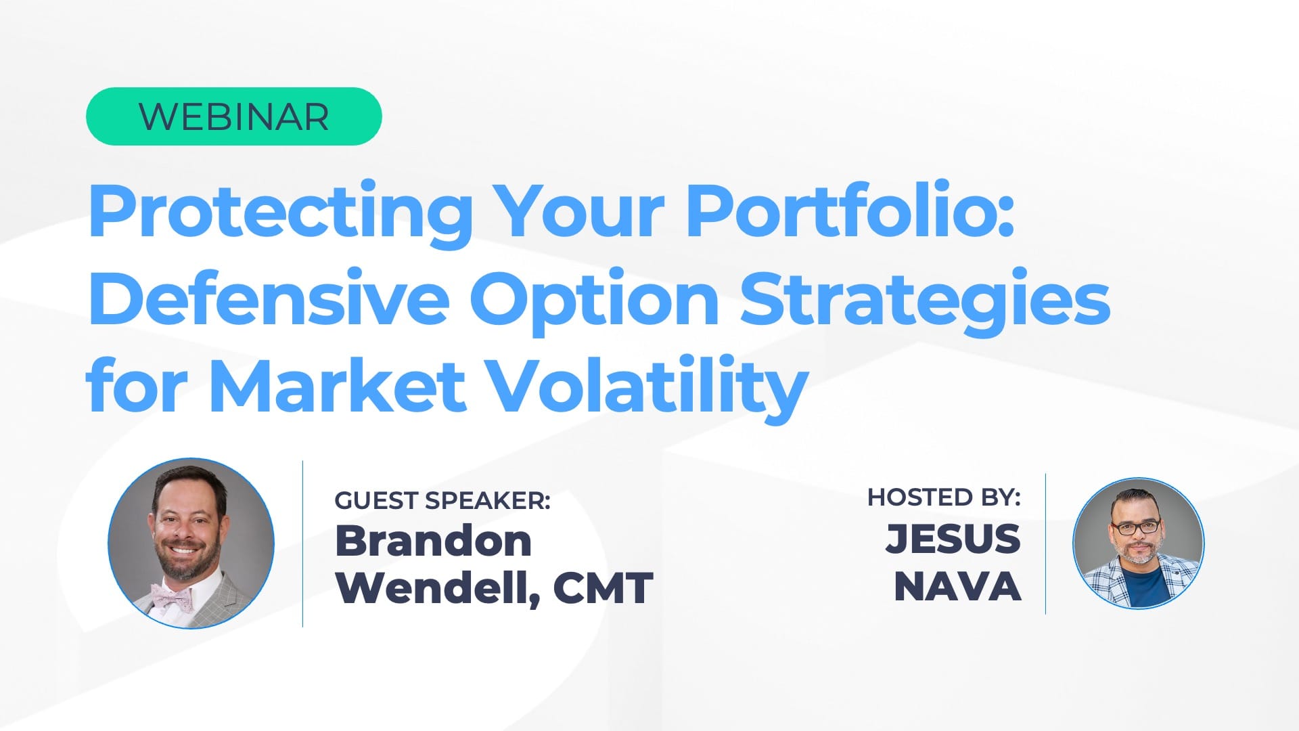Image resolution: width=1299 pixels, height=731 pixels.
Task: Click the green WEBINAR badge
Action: (233, 116)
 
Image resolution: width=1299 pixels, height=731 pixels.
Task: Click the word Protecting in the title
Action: (280, 212)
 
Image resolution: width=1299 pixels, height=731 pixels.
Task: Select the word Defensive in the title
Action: (269, 298)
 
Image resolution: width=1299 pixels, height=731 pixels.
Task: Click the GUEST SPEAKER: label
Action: (442, 500)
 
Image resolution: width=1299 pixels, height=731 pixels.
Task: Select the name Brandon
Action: (434, 541)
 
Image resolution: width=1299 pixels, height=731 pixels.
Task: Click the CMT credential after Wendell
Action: (603, 588)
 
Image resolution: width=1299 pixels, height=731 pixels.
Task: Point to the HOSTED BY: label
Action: (944, 497)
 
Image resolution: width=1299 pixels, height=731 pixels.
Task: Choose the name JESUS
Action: (953, 538)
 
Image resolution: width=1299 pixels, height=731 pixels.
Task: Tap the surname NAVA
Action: (957, 586)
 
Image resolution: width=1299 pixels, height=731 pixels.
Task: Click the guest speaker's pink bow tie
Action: (173, 598)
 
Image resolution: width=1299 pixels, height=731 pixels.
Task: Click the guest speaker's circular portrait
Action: (191, 543)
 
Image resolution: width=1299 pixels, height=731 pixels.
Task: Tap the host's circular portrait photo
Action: (1139, 544)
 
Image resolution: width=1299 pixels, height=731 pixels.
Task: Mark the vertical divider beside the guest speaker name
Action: (302, 544)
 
